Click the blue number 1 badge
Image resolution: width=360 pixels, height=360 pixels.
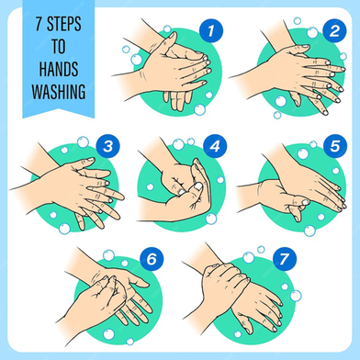click(x=211, y=30)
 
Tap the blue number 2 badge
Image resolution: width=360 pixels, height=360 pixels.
click(x=334, y=30)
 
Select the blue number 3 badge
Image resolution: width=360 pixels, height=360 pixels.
click(x=107, y=146)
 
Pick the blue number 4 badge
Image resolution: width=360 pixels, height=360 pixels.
click(x=215, y=146)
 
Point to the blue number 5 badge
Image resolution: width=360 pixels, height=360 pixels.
click(x=335, y=146)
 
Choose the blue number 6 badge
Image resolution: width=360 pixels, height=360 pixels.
click(x=152, y=259)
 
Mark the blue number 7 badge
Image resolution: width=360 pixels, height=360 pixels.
click(x=285, y=259)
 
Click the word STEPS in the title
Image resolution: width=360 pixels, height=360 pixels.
click(x=64, y=24)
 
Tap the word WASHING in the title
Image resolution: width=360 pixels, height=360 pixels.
click(x=59, y=92)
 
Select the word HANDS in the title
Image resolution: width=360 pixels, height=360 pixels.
click(x=59, y=69)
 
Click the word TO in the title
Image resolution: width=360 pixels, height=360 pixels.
click(x=58, y=47)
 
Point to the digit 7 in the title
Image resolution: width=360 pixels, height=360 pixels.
click(x=39, y=24)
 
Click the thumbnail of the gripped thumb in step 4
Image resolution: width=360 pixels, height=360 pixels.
click(x=198, y=186)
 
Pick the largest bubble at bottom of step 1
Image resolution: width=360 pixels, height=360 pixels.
click(x=199, y=109)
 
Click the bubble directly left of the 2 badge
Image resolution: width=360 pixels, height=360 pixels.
click(x=312, y=32)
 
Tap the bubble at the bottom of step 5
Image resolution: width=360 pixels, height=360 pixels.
click(x=309, y=231)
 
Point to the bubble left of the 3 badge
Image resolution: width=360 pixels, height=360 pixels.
click(x=83, y=142)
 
